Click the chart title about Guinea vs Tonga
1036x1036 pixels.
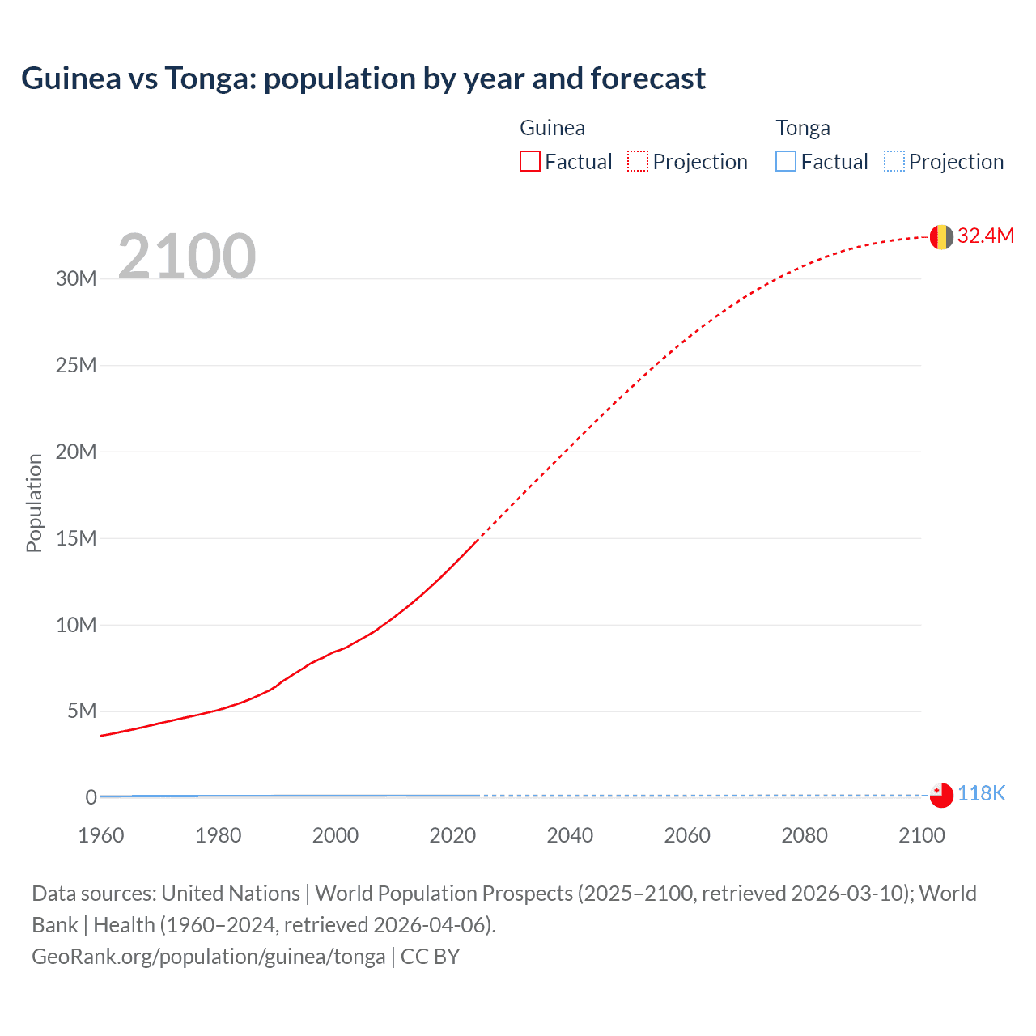point(363,79)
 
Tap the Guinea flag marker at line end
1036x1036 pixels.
point(941,236)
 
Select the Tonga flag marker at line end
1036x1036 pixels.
point(941,796)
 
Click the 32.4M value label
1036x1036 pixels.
point(985,236)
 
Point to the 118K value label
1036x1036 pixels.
point(981,794)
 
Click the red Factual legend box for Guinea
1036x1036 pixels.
point(530,162)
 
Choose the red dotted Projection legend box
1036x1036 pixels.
point(638,162)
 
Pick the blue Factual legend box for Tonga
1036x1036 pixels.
point(786,162)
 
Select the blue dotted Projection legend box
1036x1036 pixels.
point(894,162)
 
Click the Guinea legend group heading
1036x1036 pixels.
point(552,128)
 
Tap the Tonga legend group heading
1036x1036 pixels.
point(803,128)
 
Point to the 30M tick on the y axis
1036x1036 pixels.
point(76,279)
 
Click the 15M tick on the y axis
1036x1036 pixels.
point(76,538)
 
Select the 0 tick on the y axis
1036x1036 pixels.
point(91,797)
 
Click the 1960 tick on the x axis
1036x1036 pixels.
point(101,835)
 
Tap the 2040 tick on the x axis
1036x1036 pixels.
point(570,835)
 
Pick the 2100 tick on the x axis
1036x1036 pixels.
point(921,835)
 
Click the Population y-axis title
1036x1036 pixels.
point(34,503)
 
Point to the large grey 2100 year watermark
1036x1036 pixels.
point(187,257)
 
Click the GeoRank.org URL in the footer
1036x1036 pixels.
point(209,957)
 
